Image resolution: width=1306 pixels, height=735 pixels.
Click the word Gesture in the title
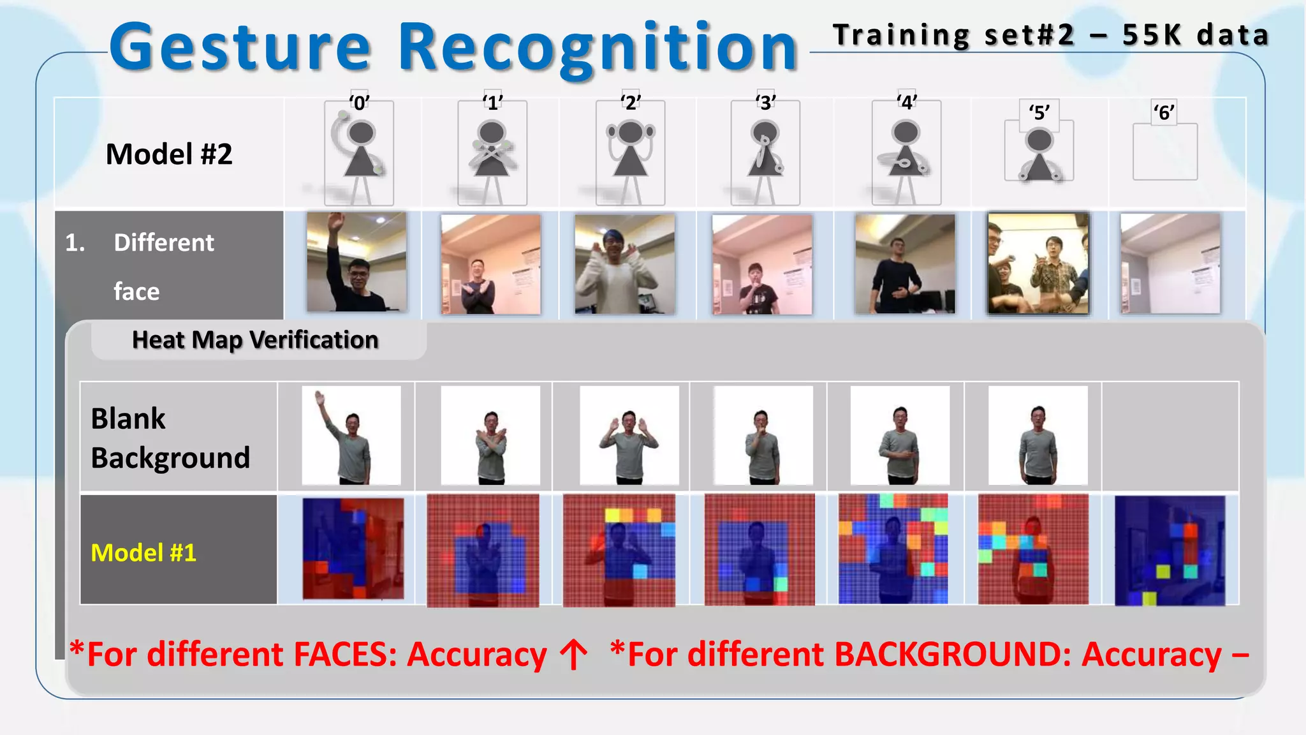[x=240, y=47]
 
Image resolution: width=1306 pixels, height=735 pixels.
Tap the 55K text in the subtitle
[x=1152, y=35]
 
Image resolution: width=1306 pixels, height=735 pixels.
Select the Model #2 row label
[x=169, y=154]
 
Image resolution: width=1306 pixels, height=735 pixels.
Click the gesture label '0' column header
[x=359, y=103]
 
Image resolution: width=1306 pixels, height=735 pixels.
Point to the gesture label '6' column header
[x=1164, y=113]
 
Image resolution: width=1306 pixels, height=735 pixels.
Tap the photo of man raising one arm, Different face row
[x=356, y=262]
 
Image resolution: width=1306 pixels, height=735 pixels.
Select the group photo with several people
[x=1038, y=263]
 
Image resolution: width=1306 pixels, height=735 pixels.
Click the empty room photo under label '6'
[x=1170, y=264]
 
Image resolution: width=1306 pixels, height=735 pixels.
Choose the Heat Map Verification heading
[x=255, y=340]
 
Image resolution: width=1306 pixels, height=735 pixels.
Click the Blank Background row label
[x=170, y=438]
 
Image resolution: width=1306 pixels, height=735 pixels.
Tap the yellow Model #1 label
[x=143, y=553]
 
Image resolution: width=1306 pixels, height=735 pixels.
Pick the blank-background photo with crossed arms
[x=490, y=435]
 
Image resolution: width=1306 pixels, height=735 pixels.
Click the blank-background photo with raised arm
[x=351, y=435]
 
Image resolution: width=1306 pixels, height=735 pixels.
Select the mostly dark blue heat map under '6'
[x=1170, y=551]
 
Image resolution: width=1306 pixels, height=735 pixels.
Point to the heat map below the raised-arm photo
[x=353, y=549]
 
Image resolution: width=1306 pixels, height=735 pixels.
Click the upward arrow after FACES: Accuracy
[x=574, y=655]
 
